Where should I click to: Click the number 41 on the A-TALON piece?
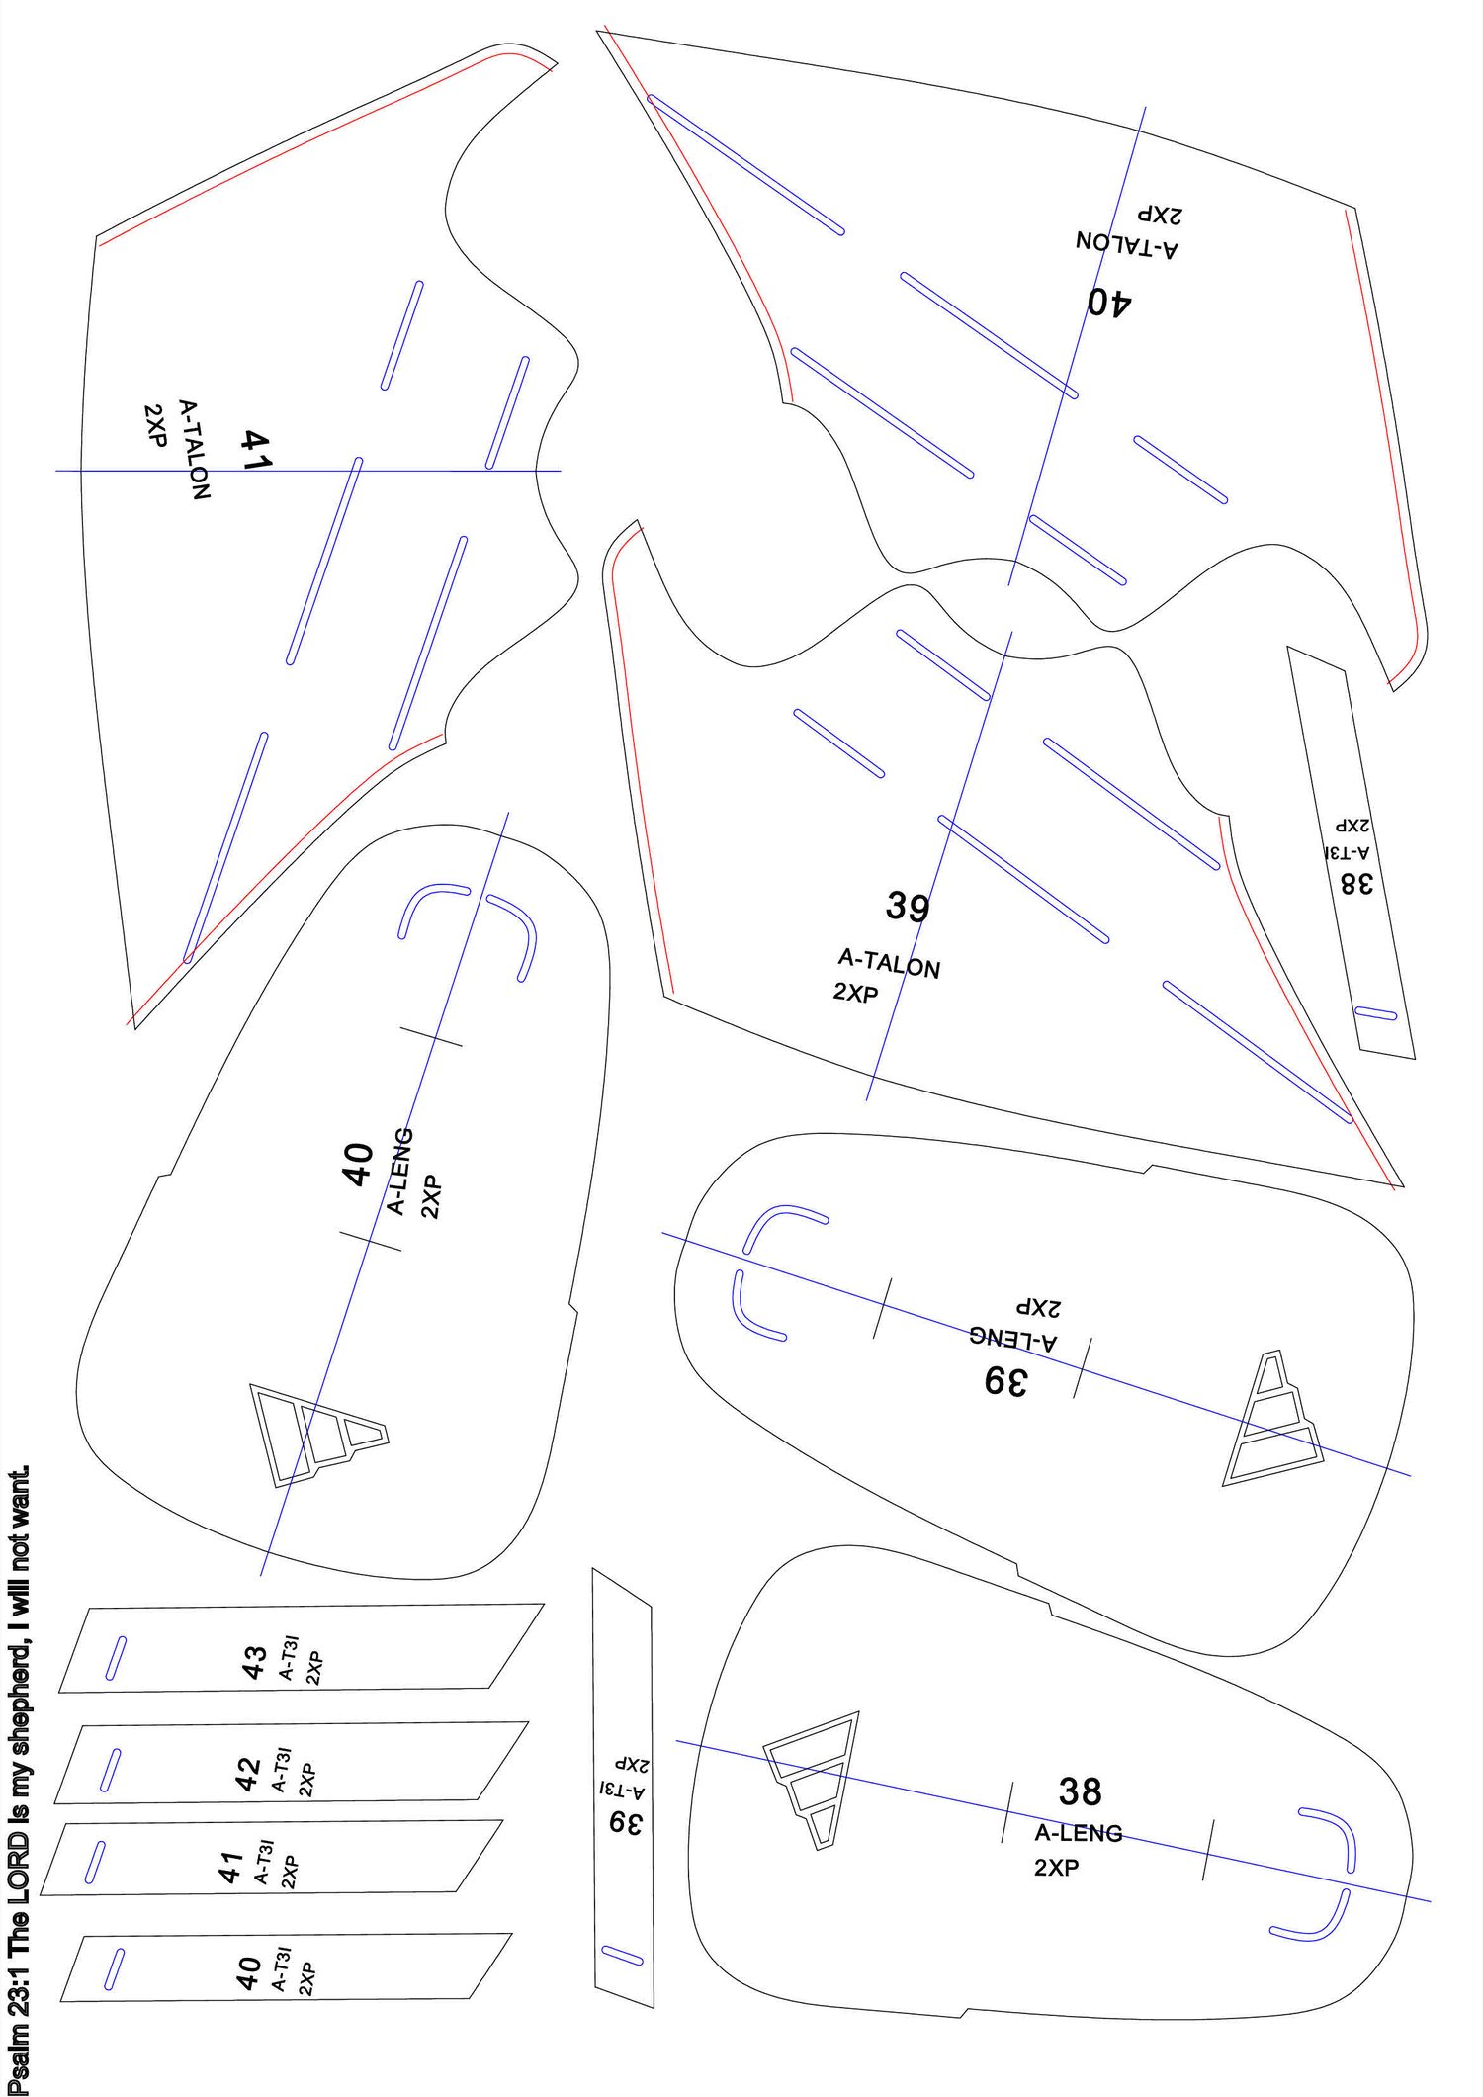click(x=255, y=449)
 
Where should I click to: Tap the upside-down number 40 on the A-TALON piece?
click(x=1108, y=303)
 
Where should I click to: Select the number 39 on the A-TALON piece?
click(x=907, y=906)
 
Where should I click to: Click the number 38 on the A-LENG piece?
click(x=1080, y=1791)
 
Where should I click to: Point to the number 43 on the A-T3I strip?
click(x=254, y=1662)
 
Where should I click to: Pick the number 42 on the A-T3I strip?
click(x=247, y=1774)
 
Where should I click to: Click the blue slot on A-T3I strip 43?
click(x=116, y=1657)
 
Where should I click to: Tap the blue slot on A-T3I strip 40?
click(x=115, y=1967)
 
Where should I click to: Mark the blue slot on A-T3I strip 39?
click(x=622, y=1955)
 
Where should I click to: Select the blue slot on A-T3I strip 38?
click(x=1375, y=1013)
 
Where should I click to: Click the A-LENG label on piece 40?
click(x=399, y=1171)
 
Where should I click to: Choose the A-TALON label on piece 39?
click(x=889, y=963)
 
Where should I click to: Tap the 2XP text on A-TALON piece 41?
click(x=155, y=425)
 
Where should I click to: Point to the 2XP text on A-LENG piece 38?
click(x=1056, y=1867)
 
